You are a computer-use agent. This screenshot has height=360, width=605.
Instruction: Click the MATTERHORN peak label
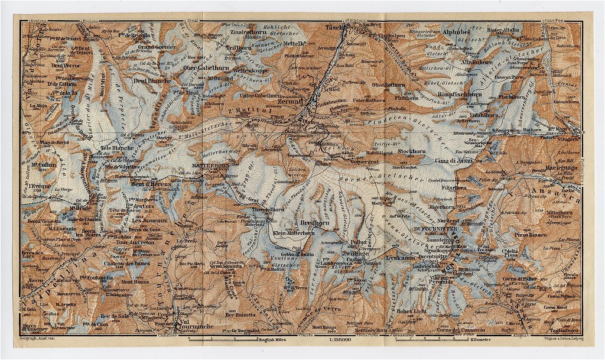pos(210,166)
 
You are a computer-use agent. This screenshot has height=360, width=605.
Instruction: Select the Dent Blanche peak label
pos(152,80)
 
